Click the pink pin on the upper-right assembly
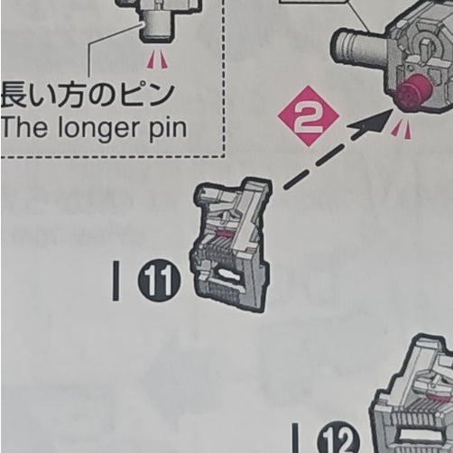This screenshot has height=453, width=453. pyautogui.click(x=412, y=94)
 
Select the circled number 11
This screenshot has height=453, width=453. pyautogui.click(x=159, y=283)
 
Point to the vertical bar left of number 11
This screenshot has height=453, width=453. pyautogui.click(x=116, y=282)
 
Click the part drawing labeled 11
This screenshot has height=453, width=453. pyautogui.click(x=229, y=245)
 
